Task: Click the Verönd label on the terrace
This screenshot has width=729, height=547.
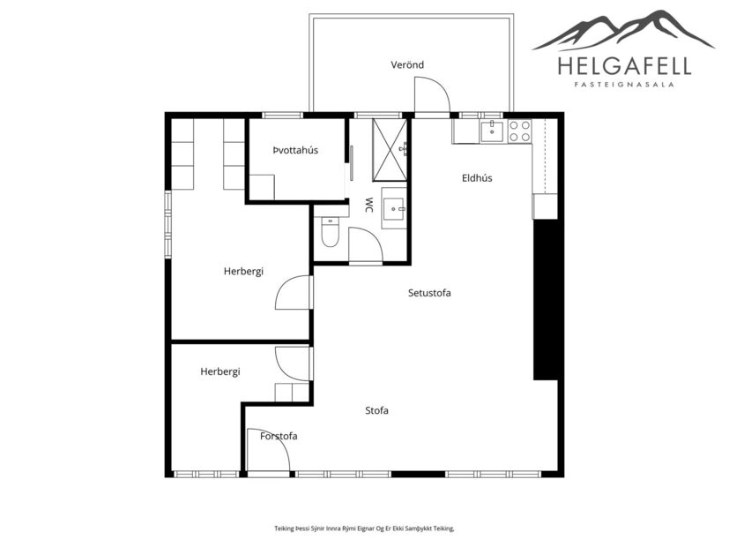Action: [x=407, y=65]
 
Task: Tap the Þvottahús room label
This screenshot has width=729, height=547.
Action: [x=295, y=151]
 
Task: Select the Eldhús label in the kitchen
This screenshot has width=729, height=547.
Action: [x=477, y=178]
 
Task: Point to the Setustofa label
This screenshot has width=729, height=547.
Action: [x=429, y=293]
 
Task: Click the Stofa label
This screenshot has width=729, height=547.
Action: [x=377, y=411]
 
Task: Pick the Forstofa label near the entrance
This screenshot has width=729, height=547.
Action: [x=279, y=436]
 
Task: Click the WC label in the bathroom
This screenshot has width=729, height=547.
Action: [x=368, y=205]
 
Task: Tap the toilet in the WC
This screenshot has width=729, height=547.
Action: [x=330, y=232]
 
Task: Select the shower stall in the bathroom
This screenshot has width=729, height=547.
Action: [x=389, y=138]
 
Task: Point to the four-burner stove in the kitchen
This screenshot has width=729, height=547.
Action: [x=519, y=131]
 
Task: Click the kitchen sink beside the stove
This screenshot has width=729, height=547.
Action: [x=492, y=131]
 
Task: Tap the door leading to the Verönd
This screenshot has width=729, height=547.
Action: [x=432, y=97]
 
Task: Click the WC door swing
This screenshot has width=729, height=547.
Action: [x=364, y=245]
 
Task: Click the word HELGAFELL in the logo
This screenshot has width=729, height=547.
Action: [x=624, y=65]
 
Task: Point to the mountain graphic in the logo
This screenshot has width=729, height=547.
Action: [x=624, y=31]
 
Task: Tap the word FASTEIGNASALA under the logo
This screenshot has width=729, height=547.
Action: [x=624, y=86]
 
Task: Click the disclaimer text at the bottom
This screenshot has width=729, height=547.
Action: [x=364, y=528]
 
